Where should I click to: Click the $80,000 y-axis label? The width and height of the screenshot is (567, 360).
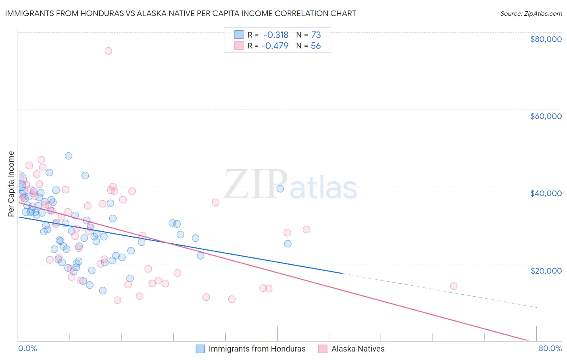pyautogui.click(x=546, y=39)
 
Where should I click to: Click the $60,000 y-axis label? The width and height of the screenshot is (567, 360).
pyautogui.click(x=546, y=116)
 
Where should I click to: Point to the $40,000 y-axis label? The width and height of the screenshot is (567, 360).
pyautogui.click(x=546, y=193)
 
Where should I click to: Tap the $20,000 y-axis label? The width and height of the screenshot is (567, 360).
pyautogui.click(x=546, y=270)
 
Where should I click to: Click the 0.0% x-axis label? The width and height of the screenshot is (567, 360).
pyautogui.click(x=27, y=348)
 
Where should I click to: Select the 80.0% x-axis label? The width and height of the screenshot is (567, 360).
pyautogui.click(x=550, y=348)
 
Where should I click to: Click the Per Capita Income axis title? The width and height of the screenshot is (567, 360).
pyautogui.click(x=11, y=184)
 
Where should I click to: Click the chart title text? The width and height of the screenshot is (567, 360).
pyautogui.click(x=180, y=13)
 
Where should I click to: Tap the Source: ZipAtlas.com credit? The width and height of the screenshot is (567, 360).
pyautogui.click(x=531, y=13)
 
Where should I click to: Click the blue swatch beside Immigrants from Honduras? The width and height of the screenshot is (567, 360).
pyautogui.click(x=200, y=349)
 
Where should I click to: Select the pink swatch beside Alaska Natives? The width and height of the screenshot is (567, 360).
pyautogui.click(x=323, y=349)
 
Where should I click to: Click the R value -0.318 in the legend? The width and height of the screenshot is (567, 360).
pyautogui.click(x=276, y=35)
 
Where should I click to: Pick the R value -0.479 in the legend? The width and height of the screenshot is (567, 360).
pyautogui.click(x=275, y=46)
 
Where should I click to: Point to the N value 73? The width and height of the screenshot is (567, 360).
pyautogui.click(x=316, y=35)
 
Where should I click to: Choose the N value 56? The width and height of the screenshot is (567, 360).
pyautogui.click(x=316, y=46)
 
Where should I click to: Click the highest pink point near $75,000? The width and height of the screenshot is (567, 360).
pyautogui.click(x=108, y=51)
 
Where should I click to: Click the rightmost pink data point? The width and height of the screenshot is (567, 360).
pyautogui.click(x=453, y=286)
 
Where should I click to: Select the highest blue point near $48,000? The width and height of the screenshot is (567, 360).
pyautogui.click(x=69, y=156)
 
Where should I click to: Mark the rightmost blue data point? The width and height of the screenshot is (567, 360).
pyautogui.click(x=288, y=244)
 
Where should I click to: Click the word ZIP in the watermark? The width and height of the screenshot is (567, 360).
pyautogui.click(x=255, y=184)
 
